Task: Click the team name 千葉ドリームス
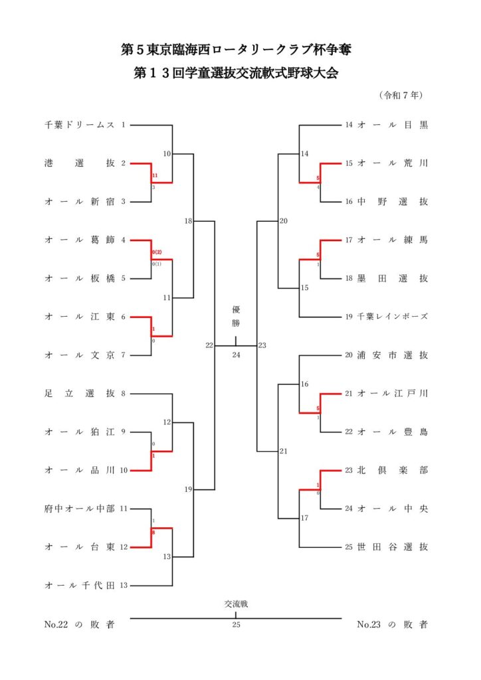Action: click(80, 124)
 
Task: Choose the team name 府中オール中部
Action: click(80, 509)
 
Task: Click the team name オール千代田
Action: click(80, 586)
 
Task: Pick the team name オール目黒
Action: click(393, 124)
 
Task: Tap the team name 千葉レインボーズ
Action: click(393, 317)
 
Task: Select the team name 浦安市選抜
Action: click(393, 355)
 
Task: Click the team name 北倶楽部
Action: click(393, 470)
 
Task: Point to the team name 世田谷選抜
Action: click(393, 547)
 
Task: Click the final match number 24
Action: click(236, 355)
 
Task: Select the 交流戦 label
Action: click(236, 604)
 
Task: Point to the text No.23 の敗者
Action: click(392, 624)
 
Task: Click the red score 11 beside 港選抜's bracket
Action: click(154, 176)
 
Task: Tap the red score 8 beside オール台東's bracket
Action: click(153, 533)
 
